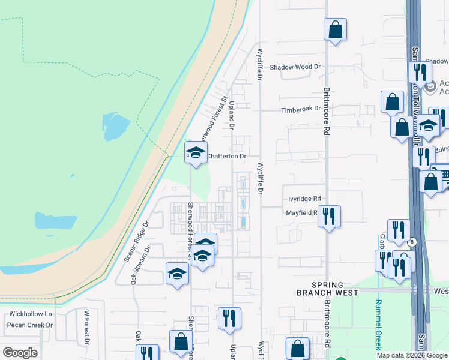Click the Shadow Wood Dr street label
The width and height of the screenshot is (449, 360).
click(x=295, y=68)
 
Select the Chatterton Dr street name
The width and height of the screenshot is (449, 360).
click(x=226, y=156)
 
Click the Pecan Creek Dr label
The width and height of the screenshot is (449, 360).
click(x=30, y=325)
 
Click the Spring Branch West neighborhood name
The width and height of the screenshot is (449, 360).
click(x=327, y=289)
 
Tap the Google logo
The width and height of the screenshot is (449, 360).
click(x=20, y=353)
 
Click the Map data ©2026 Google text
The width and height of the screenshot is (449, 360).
click(x=412, y=355)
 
